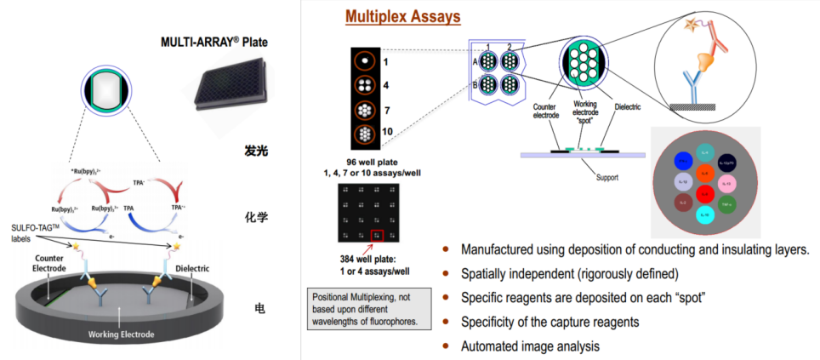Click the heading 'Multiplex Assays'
(402, 17)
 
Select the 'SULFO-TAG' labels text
(35, 232)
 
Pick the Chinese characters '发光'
(256, 151)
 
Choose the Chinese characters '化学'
(256, 217)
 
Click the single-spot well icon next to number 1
(365, 61)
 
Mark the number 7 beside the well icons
(385, 110)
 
